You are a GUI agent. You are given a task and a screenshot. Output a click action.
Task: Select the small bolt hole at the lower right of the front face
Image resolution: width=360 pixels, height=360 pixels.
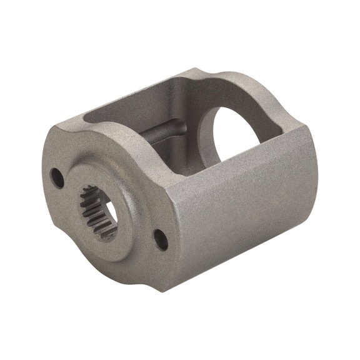pos(161,239)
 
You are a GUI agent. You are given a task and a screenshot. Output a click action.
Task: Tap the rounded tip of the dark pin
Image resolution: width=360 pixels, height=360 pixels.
pos(183,127)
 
